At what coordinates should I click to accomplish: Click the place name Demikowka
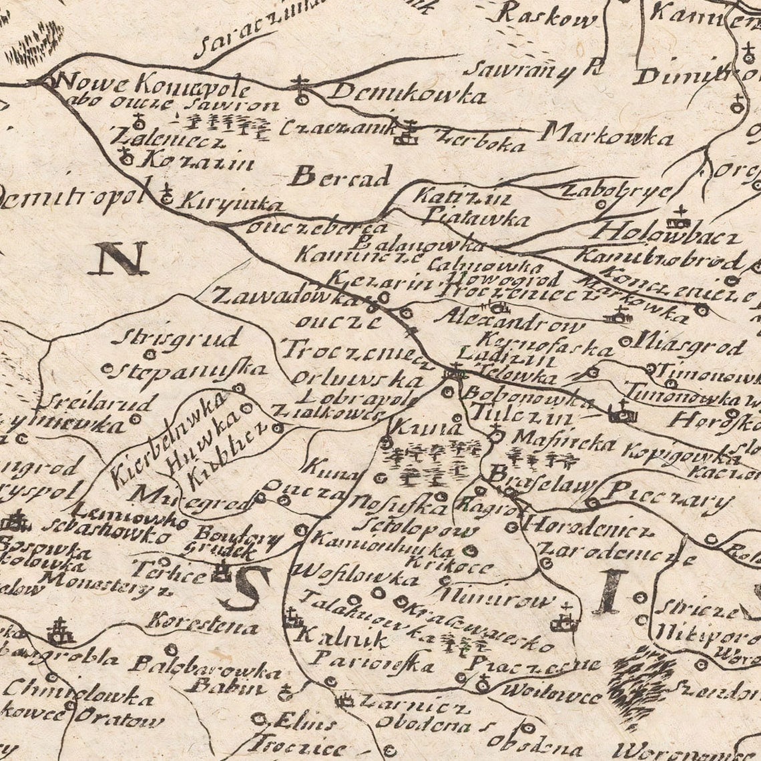(407, 93)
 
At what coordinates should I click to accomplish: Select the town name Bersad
(340, 178)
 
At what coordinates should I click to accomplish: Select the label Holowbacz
(668, 234)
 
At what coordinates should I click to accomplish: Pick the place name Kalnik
(344, 639)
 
